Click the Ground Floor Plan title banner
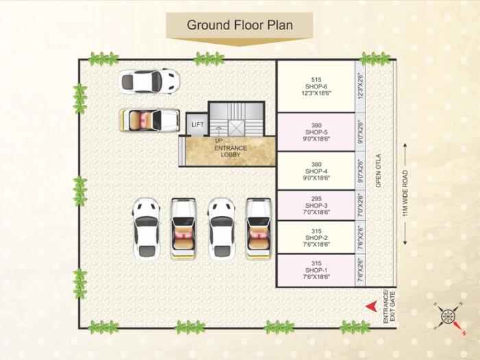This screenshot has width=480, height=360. (x=240, y=25)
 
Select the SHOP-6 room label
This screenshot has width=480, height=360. (x=315, y=86)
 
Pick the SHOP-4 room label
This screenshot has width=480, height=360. (x=315, y=171)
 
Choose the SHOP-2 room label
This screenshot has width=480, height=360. (x=315, y=237)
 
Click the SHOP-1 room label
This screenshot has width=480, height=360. (x=315, y=270)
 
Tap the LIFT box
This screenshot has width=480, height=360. (x=197, y=124)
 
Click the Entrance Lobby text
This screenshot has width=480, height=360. (x=230, y=152)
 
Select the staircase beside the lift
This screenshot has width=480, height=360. (x=236, y=119)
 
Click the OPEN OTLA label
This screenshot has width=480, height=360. (x=378, y=171)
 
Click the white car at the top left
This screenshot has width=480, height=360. (x=149, y=81)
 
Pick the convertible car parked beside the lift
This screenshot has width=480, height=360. (x=149, y=119)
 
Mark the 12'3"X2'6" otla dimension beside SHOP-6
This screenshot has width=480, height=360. (x=361, y=86)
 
